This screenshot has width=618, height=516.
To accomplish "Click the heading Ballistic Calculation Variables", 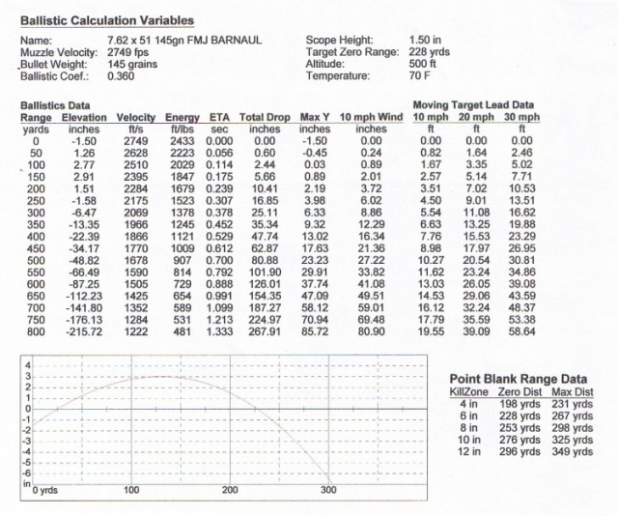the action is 107,20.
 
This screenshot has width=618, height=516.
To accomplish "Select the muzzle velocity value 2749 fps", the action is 128,52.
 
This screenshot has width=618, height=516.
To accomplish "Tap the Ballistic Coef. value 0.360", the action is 121,75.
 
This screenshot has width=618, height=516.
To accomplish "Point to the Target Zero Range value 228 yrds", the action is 429,51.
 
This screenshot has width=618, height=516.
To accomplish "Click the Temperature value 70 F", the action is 419,75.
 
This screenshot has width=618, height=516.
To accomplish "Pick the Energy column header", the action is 183,118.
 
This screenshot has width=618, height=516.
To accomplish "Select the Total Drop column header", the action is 265,117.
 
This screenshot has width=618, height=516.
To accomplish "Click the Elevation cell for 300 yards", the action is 84,213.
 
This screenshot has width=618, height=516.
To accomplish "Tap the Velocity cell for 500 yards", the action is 136,260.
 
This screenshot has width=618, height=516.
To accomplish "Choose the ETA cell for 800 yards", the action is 219,331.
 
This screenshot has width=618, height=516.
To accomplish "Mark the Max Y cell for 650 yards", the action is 315,296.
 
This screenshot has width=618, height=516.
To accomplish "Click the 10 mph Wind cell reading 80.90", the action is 371,331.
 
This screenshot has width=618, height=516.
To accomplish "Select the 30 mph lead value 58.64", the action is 521,331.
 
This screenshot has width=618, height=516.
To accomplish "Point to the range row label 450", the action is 36,248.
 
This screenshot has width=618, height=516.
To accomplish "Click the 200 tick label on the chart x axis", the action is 230,490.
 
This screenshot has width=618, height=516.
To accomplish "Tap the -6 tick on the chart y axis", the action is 27,473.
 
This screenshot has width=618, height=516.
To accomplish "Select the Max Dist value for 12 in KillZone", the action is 573,451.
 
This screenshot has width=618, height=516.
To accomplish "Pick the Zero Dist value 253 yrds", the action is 520,428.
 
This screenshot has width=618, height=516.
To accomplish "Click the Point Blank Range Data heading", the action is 519,379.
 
